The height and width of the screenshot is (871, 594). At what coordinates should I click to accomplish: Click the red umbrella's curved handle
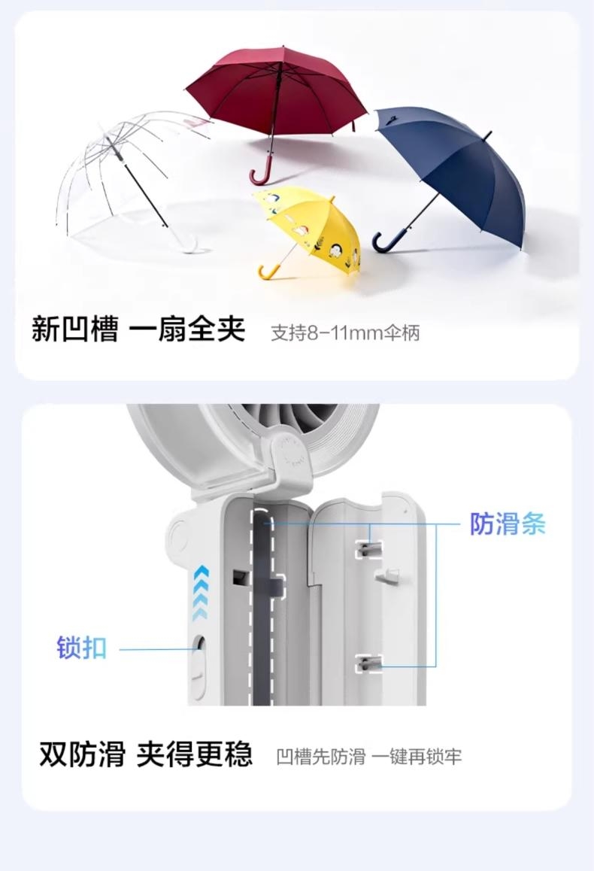point(259,173)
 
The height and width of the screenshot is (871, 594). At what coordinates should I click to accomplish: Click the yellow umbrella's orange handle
point(268,272)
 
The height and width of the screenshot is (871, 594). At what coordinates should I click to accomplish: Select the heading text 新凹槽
point(75,329)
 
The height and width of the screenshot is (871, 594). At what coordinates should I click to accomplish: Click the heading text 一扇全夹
point(186,329)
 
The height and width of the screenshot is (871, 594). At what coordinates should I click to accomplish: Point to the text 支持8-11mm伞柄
point(344,332)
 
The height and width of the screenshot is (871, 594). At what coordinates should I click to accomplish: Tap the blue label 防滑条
point(508,524)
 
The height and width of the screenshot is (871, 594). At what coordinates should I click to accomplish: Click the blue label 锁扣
point(81,648)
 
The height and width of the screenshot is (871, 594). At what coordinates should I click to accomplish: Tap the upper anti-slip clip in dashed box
point(369,550)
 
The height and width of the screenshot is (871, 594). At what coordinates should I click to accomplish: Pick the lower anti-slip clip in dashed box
point(369,663)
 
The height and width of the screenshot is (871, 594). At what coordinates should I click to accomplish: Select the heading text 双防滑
point(82,754)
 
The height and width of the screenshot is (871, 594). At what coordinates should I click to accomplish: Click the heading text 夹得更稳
point(194,754)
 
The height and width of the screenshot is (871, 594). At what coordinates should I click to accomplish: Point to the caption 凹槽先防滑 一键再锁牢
point(369,756)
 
